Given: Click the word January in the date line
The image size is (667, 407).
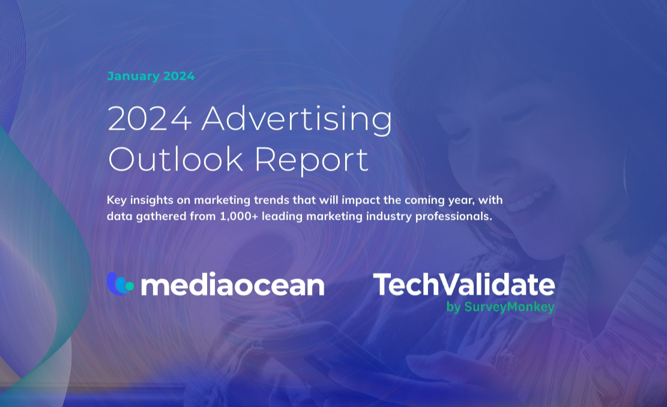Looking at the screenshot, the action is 133,76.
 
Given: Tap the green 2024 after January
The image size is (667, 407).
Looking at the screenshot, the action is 179,76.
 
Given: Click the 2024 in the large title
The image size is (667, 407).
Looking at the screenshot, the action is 149,118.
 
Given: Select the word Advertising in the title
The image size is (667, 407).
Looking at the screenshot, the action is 297,120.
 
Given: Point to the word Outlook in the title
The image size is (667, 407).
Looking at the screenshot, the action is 176,159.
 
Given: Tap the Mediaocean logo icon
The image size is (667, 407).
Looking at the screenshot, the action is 120,284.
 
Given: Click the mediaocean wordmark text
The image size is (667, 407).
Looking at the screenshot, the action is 233,285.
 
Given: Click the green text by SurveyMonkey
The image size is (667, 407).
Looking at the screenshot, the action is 500,307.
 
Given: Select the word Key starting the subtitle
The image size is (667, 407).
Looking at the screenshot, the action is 116,200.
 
